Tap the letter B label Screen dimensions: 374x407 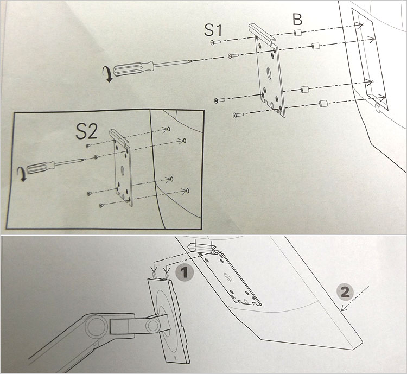click(297, 20)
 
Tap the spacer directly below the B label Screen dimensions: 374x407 click(297, 34)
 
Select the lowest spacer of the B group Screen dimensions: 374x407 click(323, 103)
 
